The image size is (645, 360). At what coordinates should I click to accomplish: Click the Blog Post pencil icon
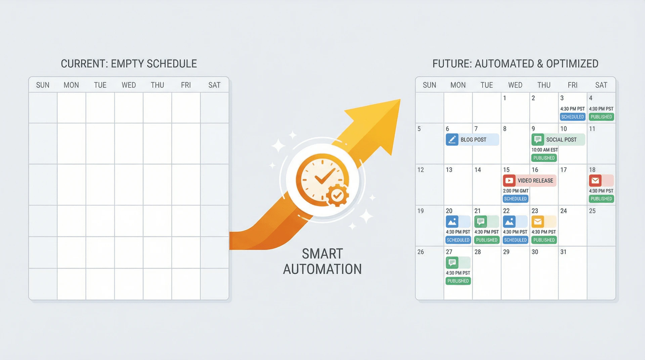click(452, 140)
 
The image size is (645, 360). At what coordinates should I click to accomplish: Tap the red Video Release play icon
click(509, 181)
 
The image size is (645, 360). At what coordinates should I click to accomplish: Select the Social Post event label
click(561, 140)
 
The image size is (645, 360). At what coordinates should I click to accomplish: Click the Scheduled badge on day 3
click(572, 117)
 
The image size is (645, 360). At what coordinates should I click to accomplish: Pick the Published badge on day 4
click(601, 117)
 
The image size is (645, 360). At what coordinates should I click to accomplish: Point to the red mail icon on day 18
click(595, 181)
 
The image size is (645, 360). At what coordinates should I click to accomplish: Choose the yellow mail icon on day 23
click(538, 222)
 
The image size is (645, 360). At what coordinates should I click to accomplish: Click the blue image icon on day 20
click(452, 222)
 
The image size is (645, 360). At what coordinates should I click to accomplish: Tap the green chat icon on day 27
click(452, 263)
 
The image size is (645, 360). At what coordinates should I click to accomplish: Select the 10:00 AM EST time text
click(545, 150)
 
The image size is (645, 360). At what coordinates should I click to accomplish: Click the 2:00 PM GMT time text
click(516, 191)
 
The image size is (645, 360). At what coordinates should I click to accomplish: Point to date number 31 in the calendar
click(563, 252)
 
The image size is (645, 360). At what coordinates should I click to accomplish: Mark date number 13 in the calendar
click(449, 170)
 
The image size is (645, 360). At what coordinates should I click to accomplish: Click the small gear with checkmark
click(337, 195)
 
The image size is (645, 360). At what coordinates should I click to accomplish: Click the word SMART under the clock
click(322, 254)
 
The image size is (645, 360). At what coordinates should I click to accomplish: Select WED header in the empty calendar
click(129, 85)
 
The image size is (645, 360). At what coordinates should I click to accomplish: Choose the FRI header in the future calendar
click(572, 85)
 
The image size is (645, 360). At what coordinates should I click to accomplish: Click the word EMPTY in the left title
click(127, 64)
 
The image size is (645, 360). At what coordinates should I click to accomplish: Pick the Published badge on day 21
click(487, 240)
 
